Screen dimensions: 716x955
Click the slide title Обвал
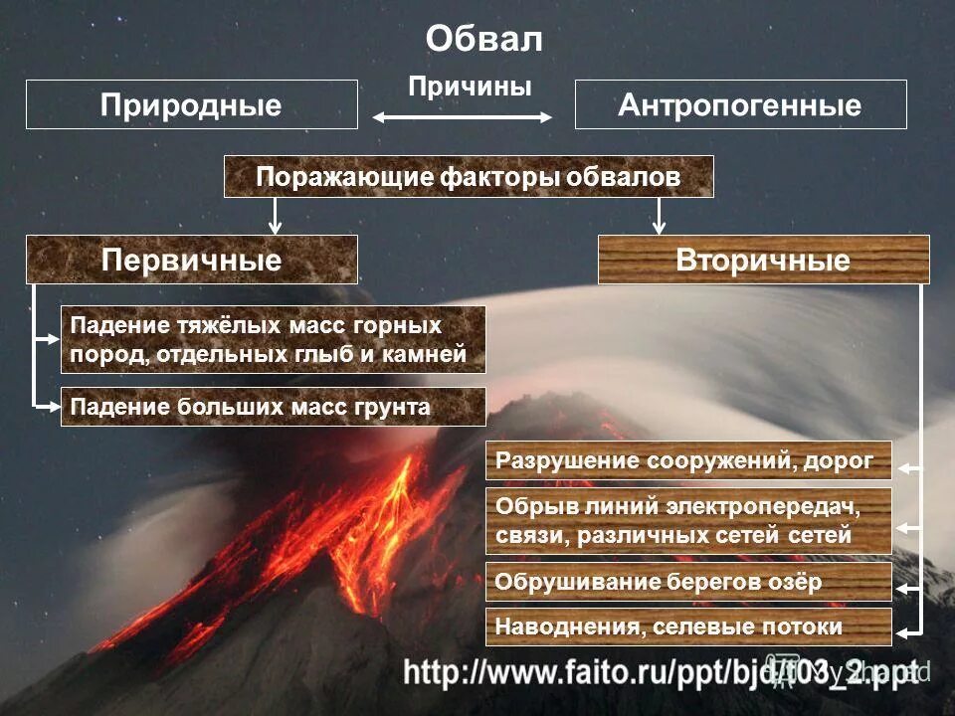pos(484,39)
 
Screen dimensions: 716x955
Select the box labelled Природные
pos(191,104)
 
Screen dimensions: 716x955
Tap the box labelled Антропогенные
pos(740,104)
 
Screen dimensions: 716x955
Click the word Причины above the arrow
pos(470,87)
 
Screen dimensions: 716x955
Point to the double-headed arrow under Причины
pos(463,117)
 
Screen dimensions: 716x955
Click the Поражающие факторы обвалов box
pos(469,177)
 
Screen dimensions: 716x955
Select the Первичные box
pos(191,260)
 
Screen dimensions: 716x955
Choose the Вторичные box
pos(763,260)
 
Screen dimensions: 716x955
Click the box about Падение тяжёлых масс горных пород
pos(273,339)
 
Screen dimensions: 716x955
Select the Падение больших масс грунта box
pos(273,407)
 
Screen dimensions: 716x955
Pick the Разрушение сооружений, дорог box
pos(688,460)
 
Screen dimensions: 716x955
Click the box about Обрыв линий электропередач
pos(688,521)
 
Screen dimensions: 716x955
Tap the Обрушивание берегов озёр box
pos(688,582)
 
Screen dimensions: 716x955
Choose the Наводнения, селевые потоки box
pos(688,627)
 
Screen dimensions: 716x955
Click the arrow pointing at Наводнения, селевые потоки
pos(909,631)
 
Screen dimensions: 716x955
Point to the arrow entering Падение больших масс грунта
pos(48,406)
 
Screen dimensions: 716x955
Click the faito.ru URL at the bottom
pos(661,672)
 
